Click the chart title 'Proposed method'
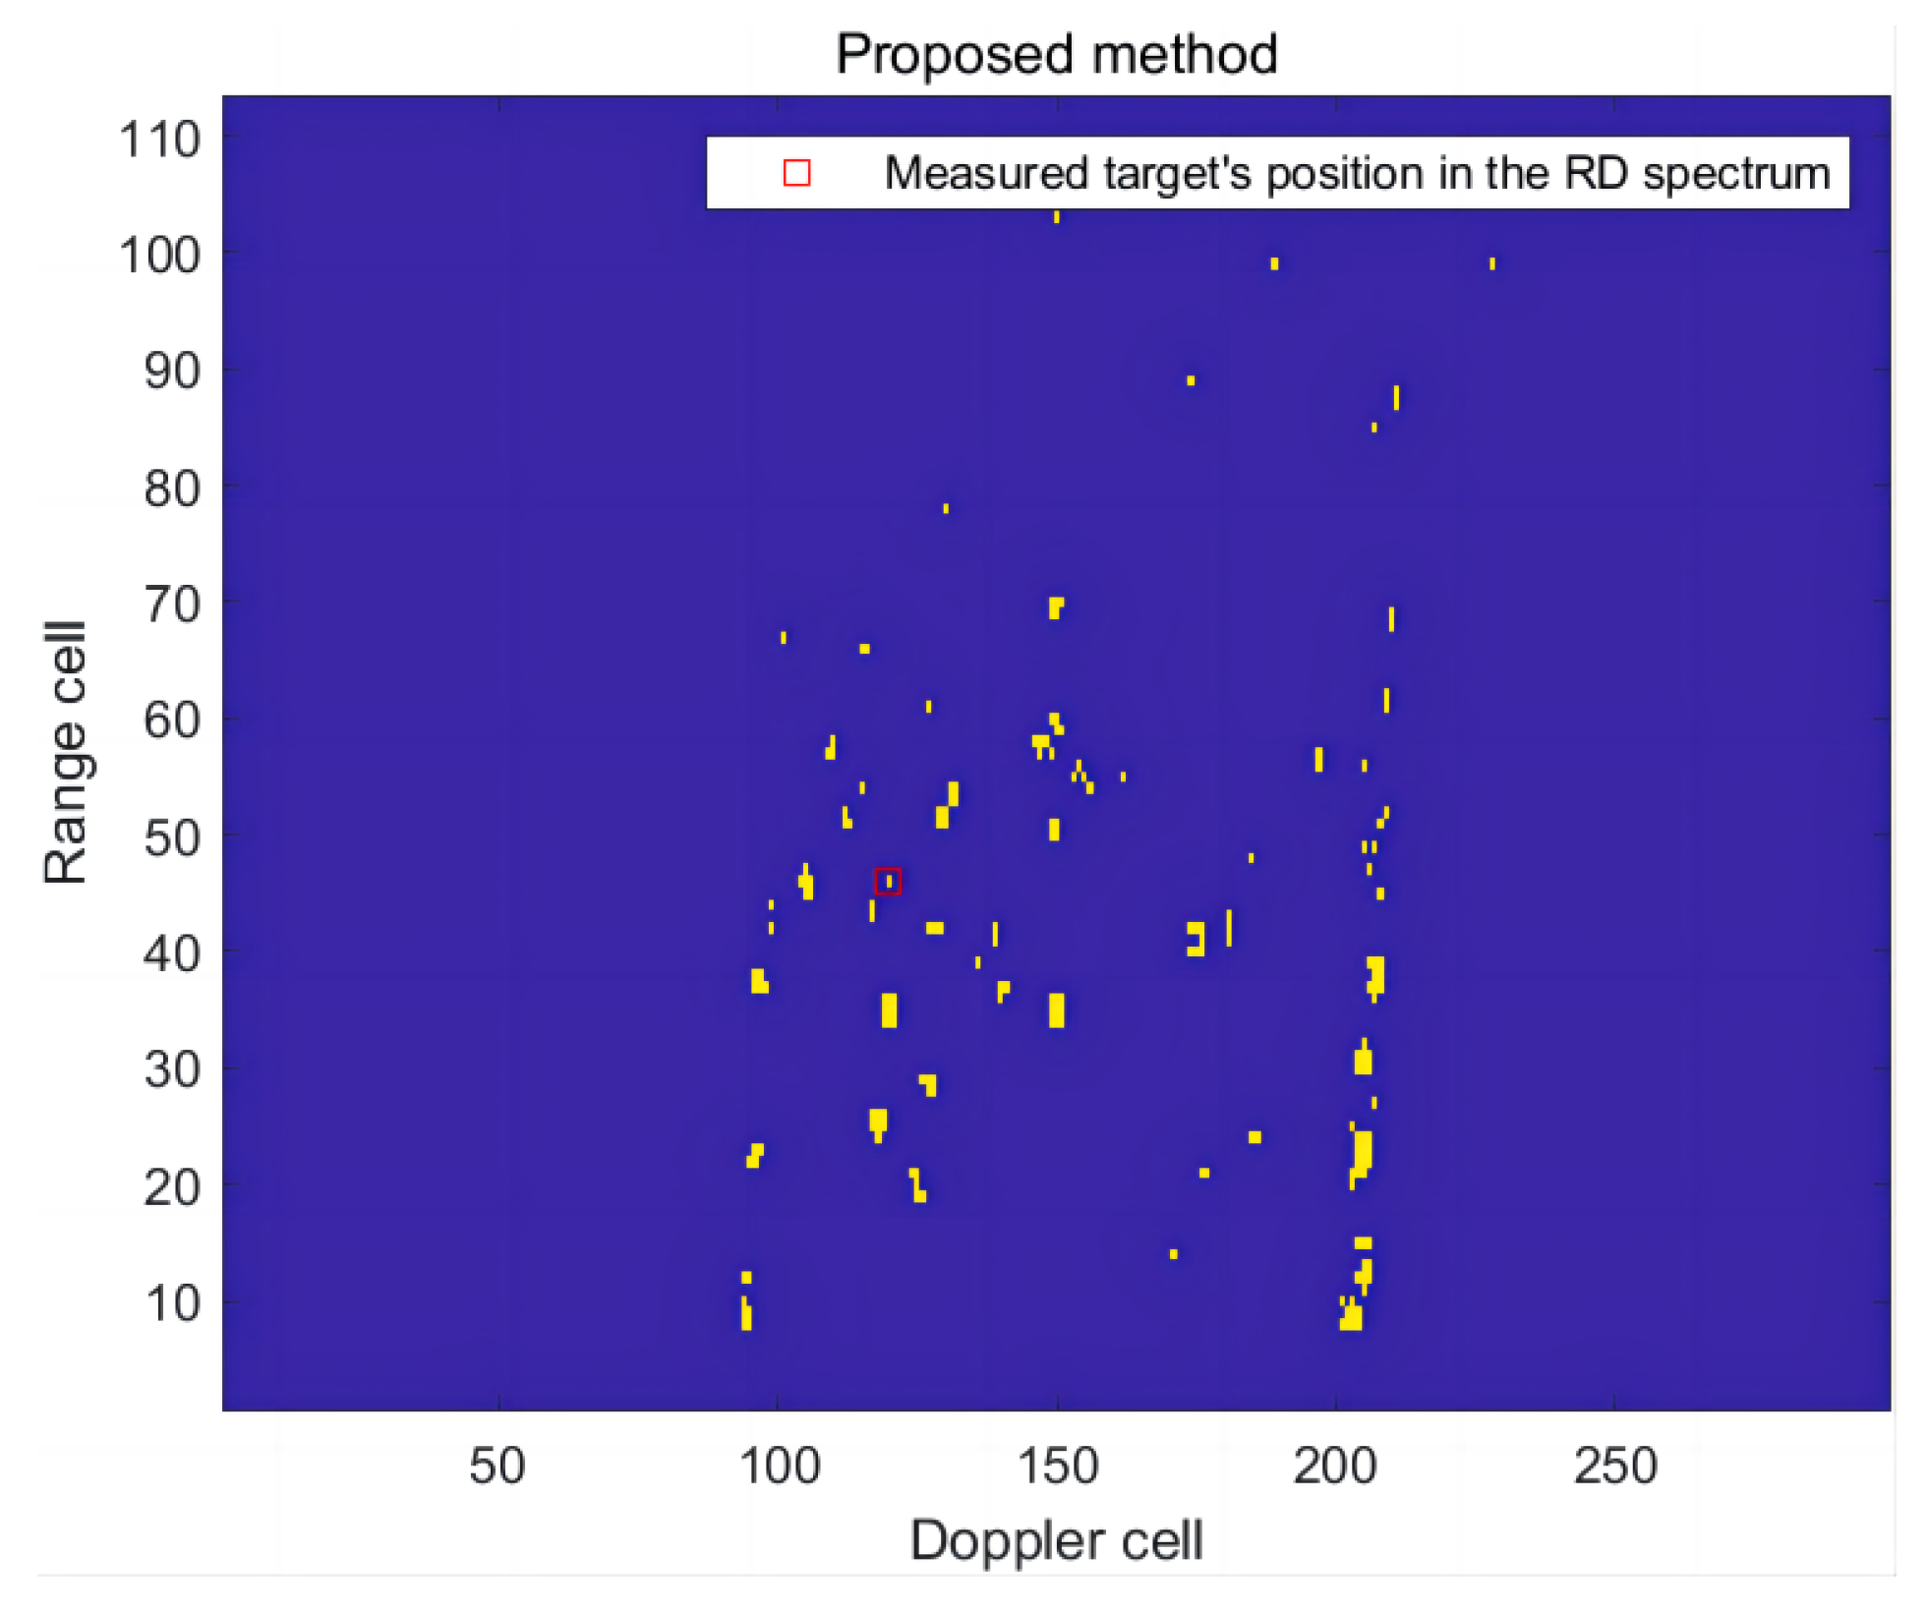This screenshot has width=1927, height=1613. click(x=1056, y=54)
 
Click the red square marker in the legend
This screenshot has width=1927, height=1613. click(x=796, y=173)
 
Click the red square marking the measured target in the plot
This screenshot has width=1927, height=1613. click(x=888, y=881)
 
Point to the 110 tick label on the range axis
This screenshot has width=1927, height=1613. click(x=159, y=140)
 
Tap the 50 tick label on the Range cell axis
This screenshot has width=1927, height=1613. click(x=172, y=837)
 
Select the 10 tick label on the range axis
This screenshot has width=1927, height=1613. click(x=172, y=1303)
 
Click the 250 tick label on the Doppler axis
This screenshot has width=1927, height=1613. click(x=1615, y=1466)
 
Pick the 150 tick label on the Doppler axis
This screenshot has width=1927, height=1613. click(x=1058, y=1466)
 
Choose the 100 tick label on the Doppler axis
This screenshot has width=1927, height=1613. click(x=779, y=1466)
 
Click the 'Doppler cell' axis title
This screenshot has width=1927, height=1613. click(x=1056, y=1540)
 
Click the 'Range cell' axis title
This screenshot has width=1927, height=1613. click(x=65, y=753)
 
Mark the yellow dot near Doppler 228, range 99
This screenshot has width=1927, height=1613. click(x=1492, y=263)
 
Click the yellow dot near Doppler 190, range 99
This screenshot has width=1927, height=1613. click(x=1274, y=263)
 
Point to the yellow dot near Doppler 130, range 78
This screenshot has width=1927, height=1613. click(x=946, y=508)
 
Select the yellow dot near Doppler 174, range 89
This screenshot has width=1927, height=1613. click(x=1191, y=380)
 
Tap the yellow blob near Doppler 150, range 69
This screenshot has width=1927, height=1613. click(x=1055, y=606)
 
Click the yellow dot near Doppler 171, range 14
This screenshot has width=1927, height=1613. click(x=1173, y=1254)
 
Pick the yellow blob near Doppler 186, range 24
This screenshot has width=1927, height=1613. click(x=1255, y=1137)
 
